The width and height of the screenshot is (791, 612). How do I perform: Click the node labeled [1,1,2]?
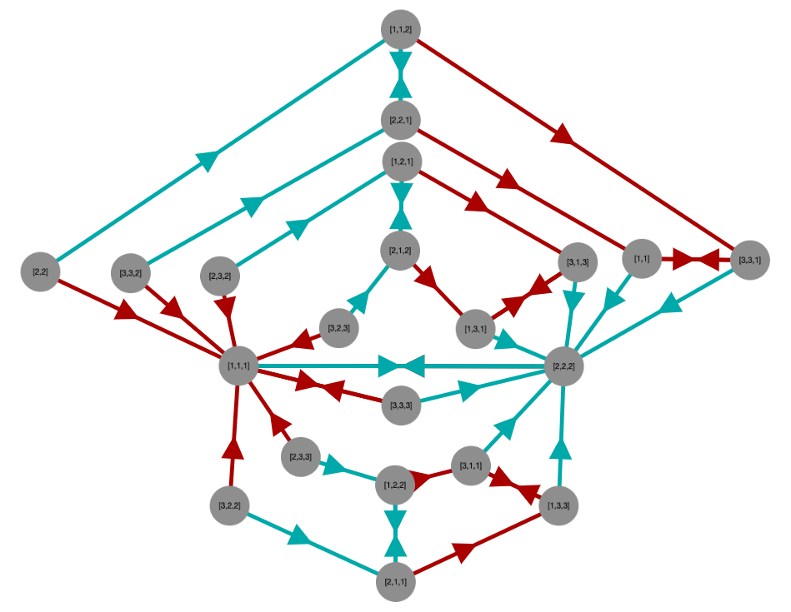[x=400, y=30]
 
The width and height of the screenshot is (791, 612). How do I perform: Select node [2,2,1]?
[x=400, y=121]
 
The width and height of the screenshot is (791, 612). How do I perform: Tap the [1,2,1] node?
[x=402, y=161]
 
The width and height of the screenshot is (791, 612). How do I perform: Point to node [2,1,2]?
[x=400, y=250]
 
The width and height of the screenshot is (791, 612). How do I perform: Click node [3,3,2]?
[x=131, y=272]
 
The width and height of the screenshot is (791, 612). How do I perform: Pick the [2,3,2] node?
[x=220, y=276]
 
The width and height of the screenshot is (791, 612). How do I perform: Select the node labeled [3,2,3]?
[x=338, y=328]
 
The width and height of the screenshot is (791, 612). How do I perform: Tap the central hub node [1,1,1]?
[x=238, y=366]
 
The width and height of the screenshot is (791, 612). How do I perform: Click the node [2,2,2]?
[x=563, y=366]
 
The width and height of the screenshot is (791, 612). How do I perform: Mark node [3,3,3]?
[x=401, y=406]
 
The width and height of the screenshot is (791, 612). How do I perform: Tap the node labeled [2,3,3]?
[x=301, y=456]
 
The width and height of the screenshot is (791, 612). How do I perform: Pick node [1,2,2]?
[x=395, y=485]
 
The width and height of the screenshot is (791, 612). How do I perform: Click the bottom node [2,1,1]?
[x=396, y=582]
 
